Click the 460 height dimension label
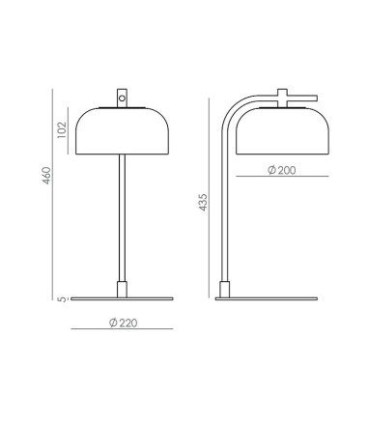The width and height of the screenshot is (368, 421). click(47, 176)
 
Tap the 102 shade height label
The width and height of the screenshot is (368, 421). click(62, 129)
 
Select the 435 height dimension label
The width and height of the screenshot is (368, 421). click(203, 202)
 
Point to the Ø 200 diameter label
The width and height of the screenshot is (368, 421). click(281, 170)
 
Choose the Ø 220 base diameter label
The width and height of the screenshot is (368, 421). click(123, 323)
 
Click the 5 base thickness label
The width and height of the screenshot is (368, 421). click(63, 299)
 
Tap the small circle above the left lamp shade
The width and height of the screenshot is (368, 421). click(122, 98)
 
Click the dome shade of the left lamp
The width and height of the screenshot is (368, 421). click(122, 131)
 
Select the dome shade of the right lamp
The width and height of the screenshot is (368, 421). click(282, 131)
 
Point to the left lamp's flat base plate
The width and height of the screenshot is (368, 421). click(122, 298)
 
